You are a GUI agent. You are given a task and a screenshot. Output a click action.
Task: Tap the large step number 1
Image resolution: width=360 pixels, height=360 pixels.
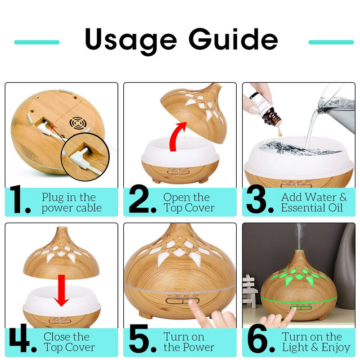[20, 199]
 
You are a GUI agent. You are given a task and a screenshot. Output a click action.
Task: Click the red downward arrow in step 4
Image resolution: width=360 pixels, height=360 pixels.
[61, 290]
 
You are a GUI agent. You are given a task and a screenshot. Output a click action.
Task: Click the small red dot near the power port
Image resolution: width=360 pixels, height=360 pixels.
[52, 127]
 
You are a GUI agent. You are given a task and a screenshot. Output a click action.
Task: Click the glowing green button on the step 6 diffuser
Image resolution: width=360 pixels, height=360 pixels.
[301, 308]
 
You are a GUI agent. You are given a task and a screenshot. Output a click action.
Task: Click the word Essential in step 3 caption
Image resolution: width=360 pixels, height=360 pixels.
[302, 208]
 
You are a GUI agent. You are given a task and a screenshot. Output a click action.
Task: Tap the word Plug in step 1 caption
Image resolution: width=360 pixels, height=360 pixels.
[52, 198]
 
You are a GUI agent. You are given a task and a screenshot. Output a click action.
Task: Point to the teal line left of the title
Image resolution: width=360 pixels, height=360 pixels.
[37, 42]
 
